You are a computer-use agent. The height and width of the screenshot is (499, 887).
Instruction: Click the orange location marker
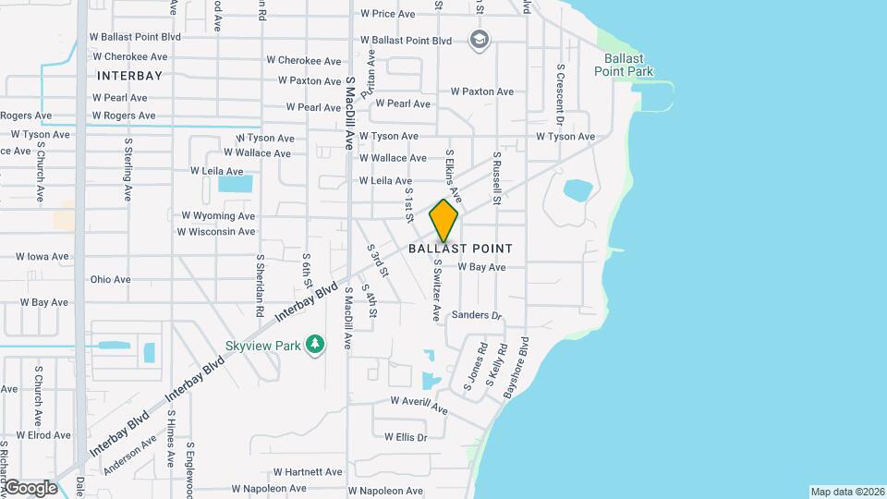(443, 220)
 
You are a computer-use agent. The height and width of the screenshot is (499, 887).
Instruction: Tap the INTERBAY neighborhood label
(129, 75)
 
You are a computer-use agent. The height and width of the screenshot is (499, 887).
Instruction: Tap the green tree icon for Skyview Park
(316, 344)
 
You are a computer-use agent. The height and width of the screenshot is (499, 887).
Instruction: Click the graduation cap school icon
(479, 40)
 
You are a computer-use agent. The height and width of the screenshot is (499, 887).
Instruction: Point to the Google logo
(30, 488)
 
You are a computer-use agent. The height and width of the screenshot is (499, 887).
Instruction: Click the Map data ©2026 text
(846, 492)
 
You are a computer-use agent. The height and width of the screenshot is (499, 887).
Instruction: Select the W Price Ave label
(389, 14)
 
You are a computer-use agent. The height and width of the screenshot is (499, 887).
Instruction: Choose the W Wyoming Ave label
(218, 215)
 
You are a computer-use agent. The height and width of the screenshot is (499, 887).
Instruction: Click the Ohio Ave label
(110, 279)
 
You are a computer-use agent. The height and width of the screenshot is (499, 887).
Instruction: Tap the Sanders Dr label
(476, 316)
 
